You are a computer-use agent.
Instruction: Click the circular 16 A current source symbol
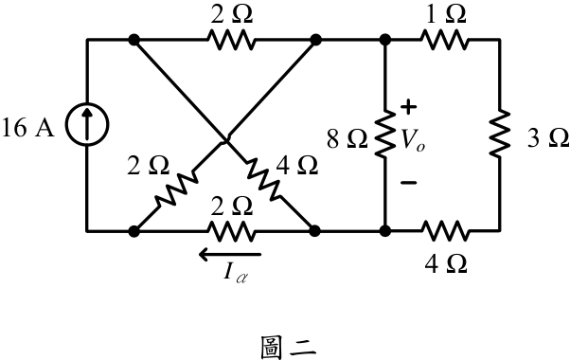point(87,124)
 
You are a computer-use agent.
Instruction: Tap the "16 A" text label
point(28,128)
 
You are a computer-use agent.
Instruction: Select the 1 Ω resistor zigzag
point(444,40)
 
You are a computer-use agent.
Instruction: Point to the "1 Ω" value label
point(446,14)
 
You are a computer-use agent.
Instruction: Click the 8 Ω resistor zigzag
point(385,134)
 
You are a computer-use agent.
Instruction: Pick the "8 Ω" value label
point(347,139)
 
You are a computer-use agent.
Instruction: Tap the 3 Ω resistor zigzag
point(500,134)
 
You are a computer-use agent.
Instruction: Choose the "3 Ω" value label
point(548,138)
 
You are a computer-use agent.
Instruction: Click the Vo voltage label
point(413,140)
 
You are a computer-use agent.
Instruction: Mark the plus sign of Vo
point(409,107)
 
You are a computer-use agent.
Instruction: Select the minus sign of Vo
point(409,182)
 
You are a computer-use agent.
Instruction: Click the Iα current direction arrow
point(230,254)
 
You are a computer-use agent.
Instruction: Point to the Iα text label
point(236,273)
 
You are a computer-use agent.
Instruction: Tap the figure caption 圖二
point(289,348)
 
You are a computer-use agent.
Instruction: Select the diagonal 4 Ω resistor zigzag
point(263,179)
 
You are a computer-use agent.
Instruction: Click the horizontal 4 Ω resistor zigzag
point(444,230)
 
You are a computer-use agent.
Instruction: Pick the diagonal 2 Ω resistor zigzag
point(177,189)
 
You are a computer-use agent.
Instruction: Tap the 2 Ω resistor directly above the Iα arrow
point(230,230)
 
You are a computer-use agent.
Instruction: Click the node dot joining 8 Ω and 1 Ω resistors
point(385,40)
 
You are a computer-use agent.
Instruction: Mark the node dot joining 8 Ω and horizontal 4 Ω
point(385,230)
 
